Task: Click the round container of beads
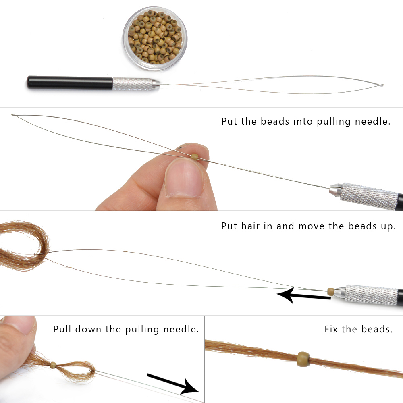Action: pos(155,39)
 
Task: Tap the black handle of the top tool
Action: pos(70,83)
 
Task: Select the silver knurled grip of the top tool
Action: pos(132,84)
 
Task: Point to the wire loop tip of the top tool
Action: pos(382,85)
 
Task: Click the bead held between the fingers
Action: pos(195,156)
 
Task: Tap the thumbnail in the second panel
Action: pos(184,177)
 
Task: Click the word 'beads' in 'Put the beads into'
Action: pos(275,121)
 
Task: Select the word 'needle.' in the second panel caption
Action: pos(373,121)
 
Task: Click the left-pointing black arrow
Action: pos(304,295)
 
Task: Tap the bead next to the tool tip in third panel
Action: pos(331,291)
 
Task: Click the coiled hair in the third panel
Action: pos(25,245)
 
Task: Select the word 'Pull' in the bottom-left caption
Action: pos(62,329)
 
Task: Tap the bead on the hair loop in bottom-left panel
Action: pos(53,365)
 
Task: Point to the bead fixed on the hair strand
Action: pos(303,359)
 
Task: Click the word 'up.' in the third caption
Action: pos(388,226)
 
